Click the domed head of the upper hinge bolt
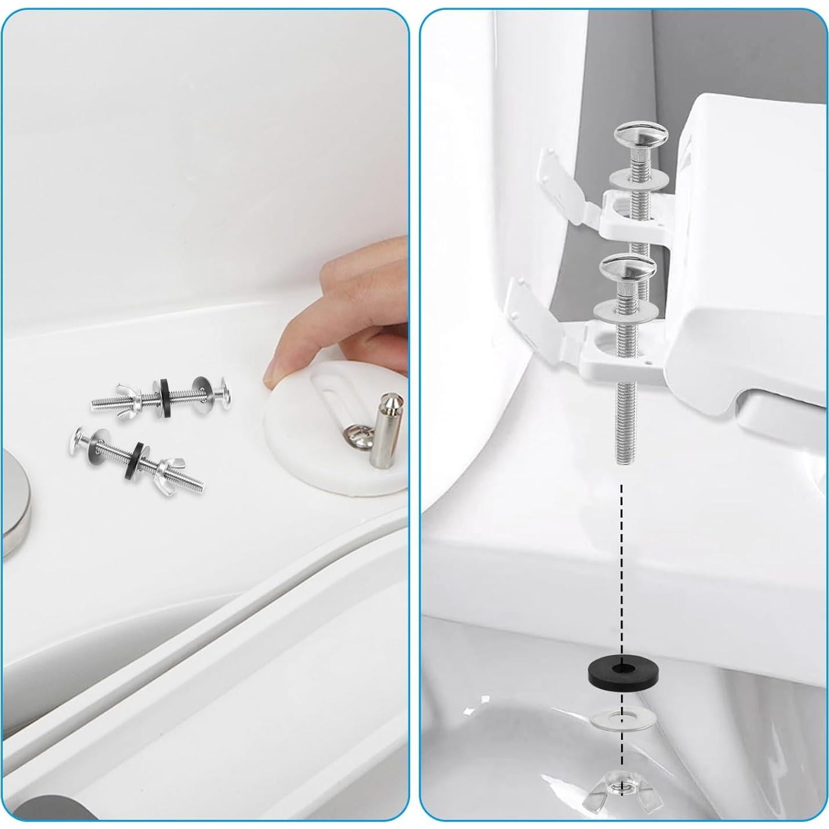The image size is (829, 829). [x=640, y=138]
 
